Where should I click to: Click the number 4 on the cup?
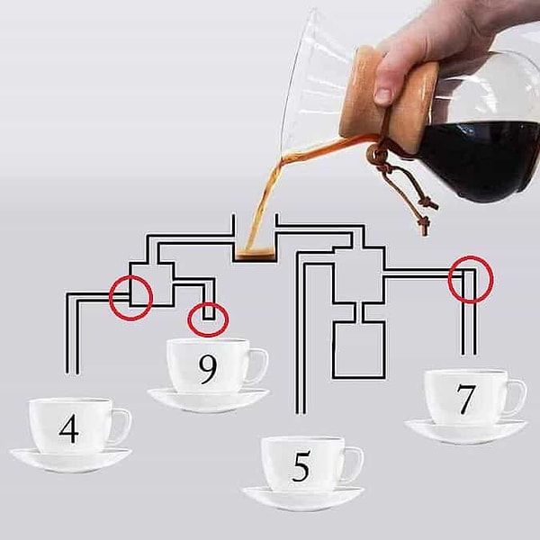[69, 428]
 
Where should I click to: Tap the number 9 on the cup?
[208, 370]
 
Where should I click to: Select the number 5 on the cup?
[301, 466]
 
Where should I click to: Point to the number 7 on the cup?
[466, 400]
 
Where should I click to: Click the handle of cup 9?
[260, 365]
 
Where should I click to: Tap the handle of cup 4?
[123, 426]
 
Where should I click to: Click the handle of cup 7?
[518, 396]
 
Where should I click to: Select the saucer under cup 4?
[70, 460]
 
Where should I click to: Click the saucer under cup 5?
[303, 499]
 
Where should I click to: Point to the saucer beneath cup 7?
[465, 431]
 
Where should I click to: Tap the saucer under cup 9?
[209, 400]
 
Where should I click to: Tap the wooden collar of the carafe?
[386, 100]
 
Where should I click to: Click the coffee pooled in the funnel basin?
[256, 255]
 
